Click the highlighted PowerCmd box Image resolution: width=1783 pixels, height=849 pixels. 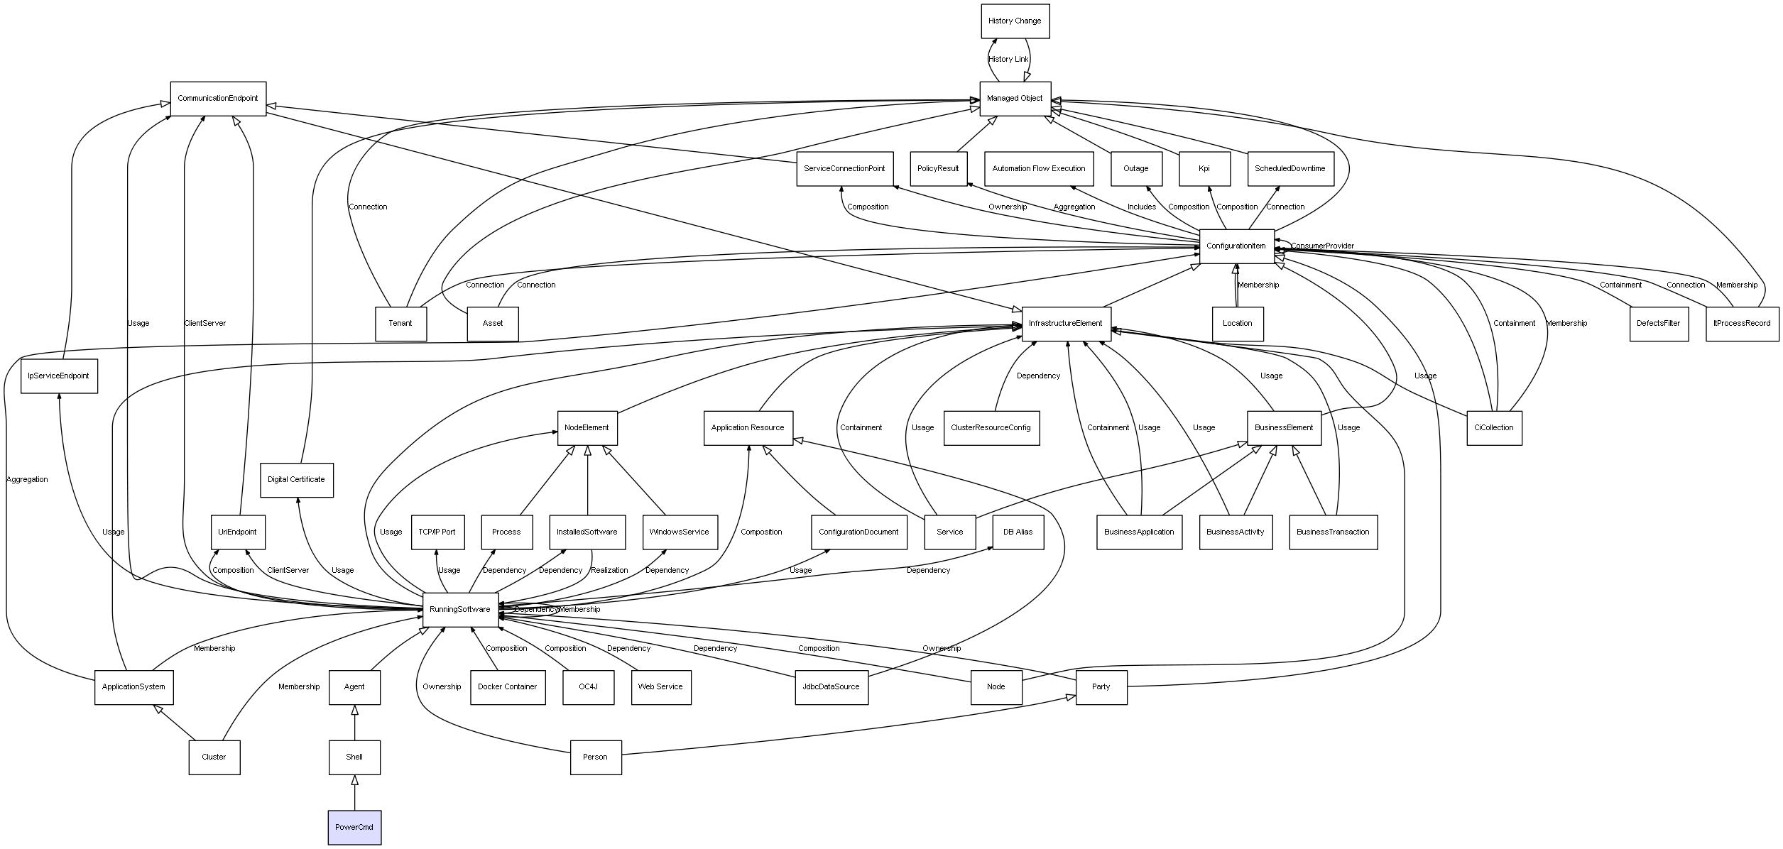(x=354, y=827)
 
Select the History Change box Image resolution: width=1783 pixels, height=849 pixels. (x=1015, y=21)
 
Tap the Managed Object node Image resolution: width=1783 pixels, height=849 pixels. (x=1015, y=99)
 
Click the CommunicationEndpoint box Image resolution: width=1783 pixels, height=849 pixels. (x=218, y=99)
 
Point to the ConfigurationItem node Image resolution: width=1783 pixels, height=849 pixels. (x=1236, y=246)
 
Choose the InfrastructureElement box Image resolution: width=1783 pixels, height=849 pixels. (x=1066, y=324)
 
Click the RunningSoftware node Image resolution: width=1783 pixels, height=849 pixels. (x=460, y=610)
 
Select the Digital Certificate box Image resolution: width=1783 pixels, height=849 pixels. (x=296, y=480)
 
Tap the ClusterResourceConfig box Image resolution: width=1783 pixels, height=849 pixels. (x=991, y=428)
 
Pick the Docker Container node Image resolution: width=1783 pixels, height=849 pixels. (x=508, y=687)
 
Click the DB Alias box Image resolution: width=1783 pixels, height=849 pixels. (x=1018, y=532)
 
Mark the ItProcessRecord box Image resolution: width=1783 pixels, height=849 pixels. (x=1742, y=324)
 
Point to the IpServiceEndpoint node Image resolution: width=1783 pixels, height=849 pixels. (x=59, y=376)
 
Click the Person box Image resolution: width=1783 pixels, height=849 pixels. (x=596, y=757)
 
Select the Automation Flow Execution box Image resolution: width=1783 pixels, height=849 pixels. (x=1039, y=169)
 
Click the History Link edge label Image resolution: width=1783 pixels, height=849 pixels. (x=1008, y=60)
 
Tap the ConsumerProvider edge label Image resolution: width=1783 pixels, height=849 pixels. (x=1322, y=246)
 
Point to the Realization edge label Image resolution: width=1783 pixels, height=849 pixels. (x=609, y=571)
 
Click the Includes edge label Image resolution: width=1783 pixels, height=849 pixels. (x=1142, y=207)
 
